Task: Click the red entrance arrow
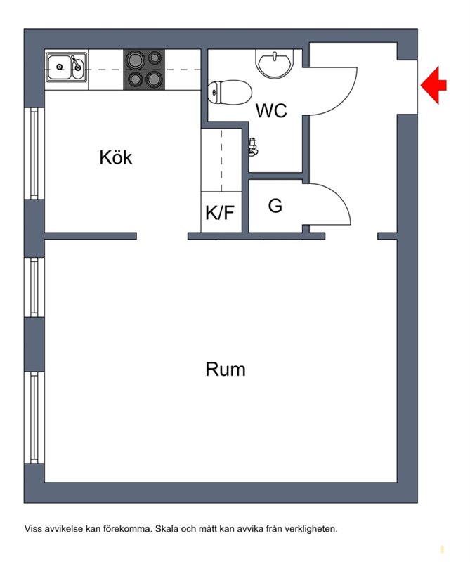click(433, 85)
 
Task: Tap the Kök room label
click(116, 157)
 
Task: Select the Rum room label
click(226, 370)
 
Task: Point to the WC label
click(271, 111)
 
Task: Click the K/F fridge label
click(220, 213)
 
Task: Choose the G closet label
click(275, 206)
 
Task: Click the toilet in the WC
click(230, 92)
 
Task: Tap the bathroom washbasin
click(275, 63)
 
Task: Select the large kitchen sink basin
click(59, 67)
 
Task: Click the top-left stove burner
click(136, 60)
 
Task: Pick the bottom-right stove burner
click(154, 79)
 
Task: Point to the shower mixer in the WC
click(254, 147)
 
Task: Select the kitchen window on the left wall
click(34, 153)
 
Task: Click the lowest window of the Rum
click(34, 417)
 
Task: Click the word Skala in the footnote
click(167, 529)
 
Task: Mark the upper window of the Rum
click(34, 287)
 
